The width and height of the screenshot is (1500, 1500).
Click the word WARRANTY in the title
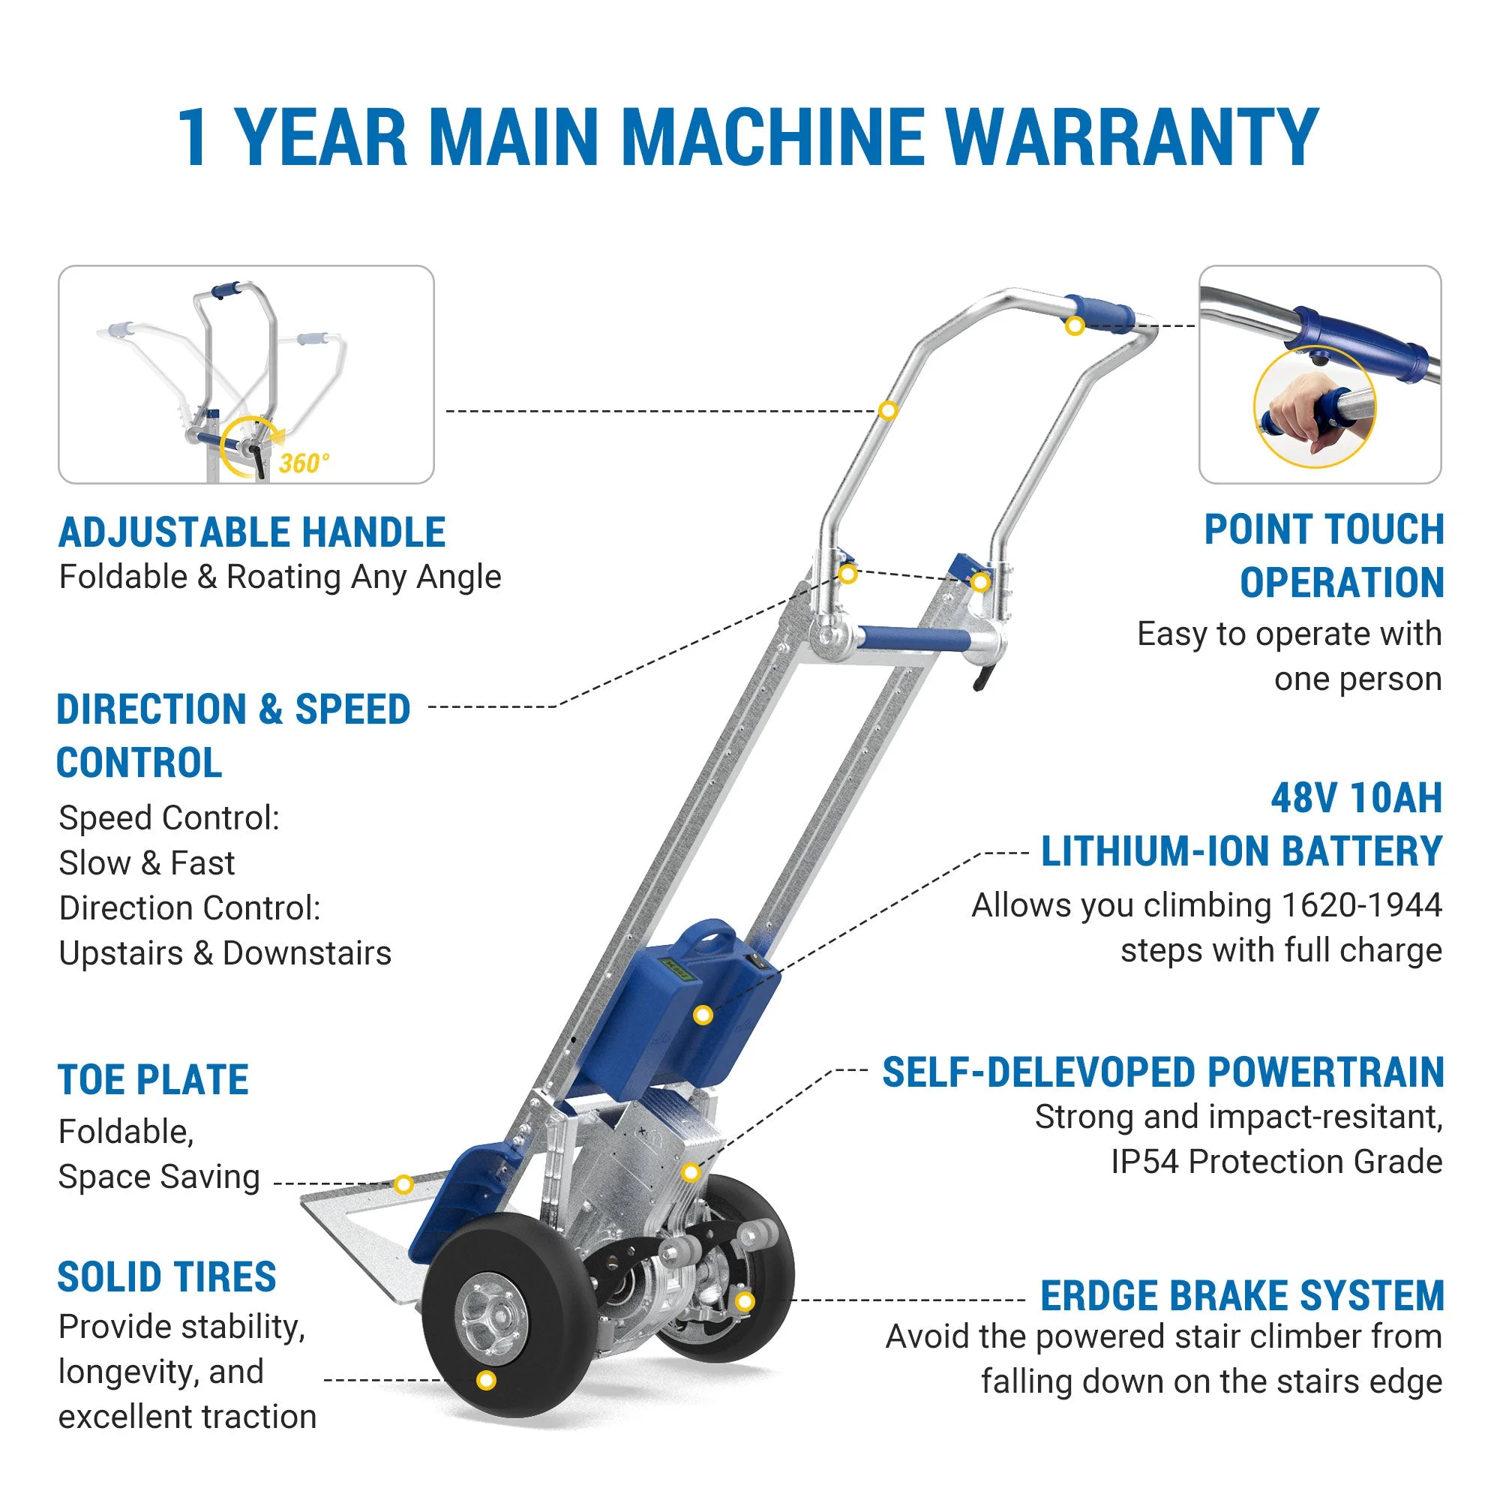(1130, 137)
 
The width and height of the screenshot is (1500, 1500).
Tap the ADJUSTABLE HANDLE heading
(251, 532)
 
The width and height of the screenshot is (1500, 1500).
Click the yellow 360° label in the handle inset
(304, 463)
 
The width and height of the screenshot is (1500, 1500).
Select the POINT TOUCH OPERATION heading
(1324, 556)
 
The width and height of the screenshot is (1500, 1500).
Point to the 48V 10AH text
(1355, 798)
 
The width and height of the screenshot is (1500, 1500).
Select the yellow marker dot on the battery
(703, 1015)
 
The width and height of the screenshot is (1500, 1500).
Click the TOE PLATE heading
(154, 1080)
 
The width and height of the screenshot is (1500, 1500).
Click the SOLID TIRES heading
(167, 1277)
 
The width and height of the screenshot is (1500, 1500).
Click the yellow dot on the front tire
(486, 1380)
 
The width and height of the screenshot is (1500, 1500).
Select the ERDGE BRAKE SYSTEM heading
(1241, 1296)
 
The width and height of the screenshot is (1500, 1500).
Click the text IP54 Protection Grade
(1276, 1162)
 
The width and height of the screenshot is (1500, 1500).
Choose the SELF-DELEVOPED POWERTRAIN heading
(1162, 1073)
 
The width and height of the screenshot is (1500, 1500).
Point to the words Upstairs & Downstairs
(225, 953)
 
